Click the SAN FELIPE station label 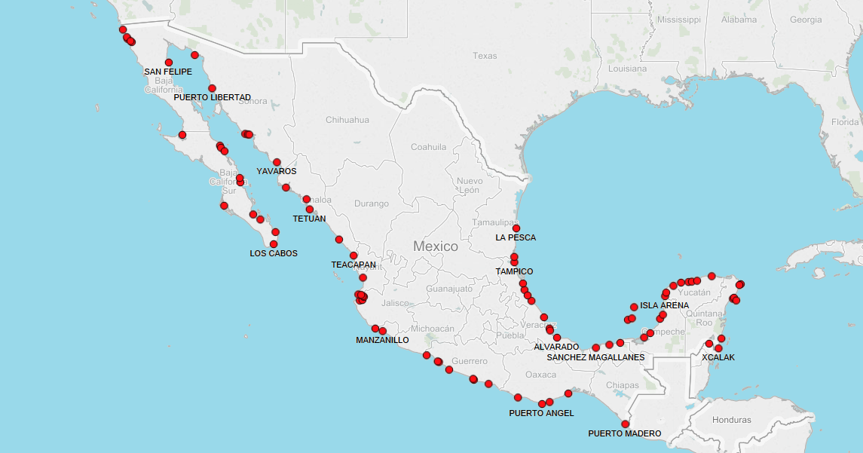[x=168, y=72]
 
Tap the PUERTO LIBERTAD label [x=212, y=98]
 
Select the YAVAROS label [x=277, y=172]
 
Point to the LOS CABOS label [x=274, y=254]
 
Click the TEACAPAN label [x=353, y=265]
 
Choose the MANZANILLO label [x=382, y=341]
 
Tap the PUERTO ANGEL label [x=541, y=414]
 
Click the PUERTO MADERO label [x=625, y=434]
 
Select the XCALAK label [x=718, y=358]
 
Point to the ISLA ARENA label [x=664, y=306]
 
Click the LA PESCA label [x=516, y=238]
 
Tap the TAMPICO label [x=514, y=272]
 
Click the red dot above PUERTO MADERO [x=625, y=424]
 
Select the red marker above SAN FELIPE [x=169, y=63]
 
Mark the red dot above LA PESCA [x=516, y=228]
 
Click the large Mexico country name [x=436, y=246]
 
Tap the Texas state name [x=485, y=56]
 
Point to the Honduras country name [x=730, y=420]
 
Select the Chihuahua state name [x=347, y=120]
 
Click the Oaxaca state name [x=540, y=375]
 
